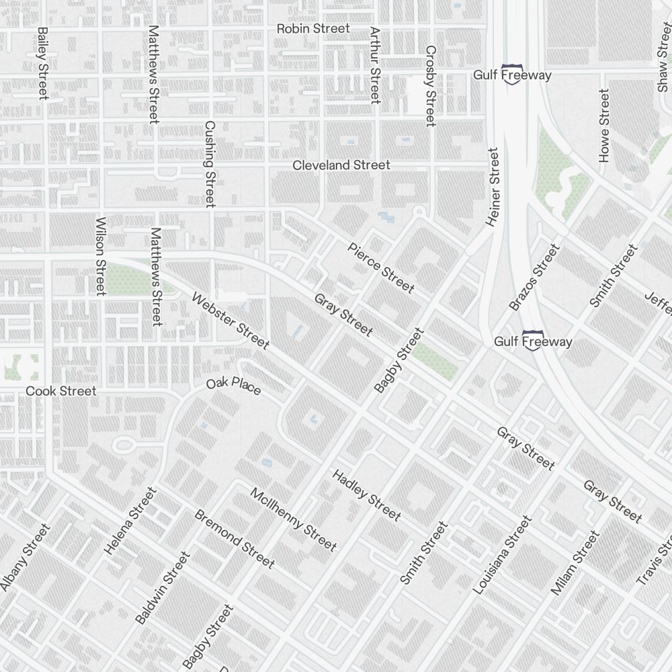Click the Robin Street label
(313, 29)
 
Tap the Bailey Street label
(43, 63)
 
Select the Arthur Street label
(375, 65)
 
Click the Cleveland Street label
(341, 165)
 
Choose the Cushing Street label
(210, 164)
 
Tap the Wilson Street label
(101, 255)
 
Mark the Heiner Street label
(494, 187)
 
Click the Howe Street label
(603, 126)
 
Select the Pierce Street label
(380, 268)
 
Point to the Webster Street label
(230, 321)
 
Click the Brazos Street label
(534, 277)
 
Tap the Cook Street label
(61, 391)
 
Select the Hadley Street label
(366, 495)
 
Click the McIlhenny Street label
(293, 519)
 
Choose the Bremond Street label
(234, 538)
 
